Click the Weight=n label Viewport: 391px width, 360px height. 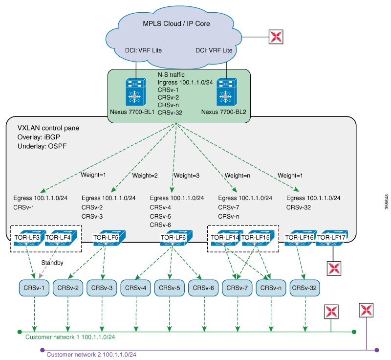[237, 175]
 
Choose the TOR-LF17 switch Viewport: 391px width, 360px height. [332, 237]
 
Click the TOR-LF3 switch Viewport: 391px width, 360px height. [28, 237]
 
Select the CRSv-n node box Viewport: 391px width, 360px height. [271, 288]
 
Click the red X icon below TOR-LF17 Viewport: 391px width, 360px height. [334, 267]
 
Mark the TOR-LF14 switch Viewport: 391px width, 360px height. [225, 237]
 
